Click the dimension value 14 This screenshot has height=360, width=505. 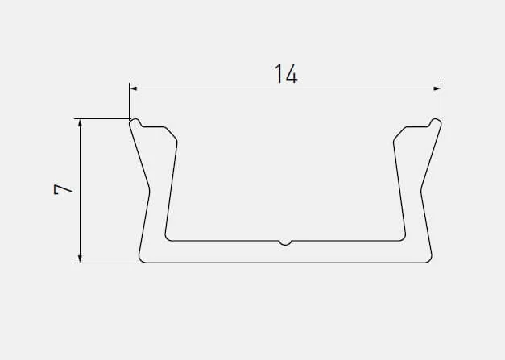[286, 75]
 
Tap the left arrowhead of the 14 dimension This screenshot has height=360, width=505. [134, 89]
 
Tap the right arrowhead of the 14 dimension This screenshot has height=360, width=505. [437, 89]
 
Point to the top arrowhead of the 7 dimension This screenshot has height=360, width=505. [79, 124]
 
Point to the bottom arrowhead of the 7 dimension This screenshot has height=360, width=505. [79, 257]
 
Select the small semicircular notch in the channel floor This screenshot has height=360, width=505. [285, 242]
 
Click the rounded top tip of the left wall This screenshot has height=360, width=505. [135, 122]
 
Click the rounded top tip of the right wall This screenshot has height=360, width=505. [436, 122]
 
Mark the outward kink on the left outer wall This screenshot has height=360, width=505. [149, 190]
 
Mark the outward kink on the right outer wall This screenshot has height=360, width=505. [421, 190]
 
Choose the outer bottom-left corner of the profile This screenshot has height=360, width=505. [142, 260]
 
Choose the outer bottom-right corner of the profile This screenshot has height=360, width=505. [428, 260]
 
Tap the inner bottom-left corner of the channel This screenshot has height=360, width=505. [167, 238]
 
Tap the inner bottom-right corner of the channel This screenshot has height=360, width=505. [404, 238]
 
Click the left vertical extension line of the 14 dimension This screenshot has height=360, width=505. [129, 101]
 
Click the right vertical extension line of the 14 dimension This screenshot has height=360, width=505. [441, 101]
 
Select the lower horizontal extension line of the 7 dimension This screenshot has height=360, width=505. [109, 263]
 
